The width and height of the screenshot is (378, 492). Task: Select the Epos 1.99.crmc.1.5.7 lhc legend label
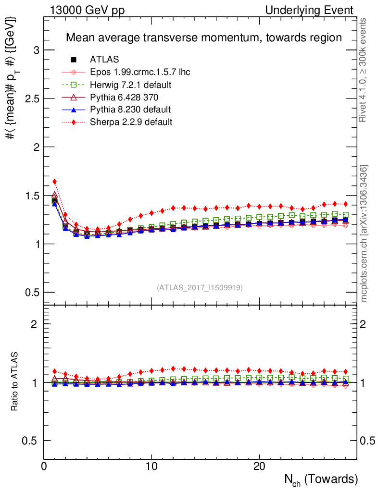(140, 72)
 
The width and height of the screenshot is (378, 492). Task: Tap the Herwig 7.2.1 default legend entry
(131, 85)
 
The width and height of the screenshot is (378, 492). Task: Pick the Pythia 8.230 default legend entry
(130, 110)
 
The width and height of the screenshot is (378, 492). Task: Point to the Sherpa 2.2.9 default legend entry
(131, 122)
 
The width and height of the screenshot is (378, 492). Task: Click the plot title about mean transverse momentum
(203, 37)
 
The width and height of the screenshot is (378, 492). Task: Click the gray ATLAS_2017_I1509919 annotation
(200, 288)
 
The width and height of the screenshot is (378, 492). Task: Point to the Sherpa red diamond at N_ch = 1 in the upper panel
(54, 182)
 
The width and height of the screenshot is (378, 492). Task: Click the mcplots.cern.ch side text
(365, 234)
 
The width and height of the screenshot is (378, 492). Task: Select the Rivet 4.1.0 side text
(365, 70)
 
